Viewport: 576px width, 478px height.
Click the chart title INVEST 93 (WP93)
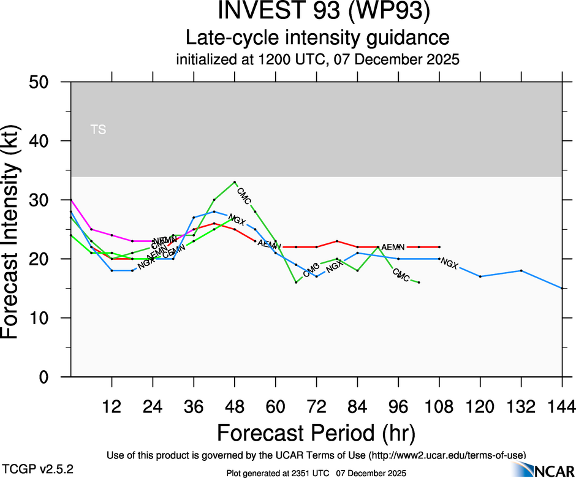317,12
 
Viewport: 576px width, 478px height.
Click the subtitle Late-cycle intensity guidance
317,37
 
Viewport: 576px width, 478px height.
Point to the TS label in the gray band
98,129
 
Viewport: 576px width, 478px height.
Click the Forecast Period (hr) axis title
316,433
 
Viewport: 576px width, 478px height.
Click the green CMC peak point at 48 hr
235,182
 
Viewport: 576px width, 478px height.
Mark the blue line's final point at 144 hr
562,288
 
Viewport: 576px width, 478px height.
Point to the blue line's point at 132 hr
521,270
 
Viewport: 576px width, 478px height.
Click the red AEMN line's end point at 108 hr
439,247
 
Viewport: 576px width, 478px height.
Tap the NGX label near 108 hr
449,264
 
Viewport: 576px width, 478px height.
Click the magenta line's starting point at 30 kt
71,200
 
